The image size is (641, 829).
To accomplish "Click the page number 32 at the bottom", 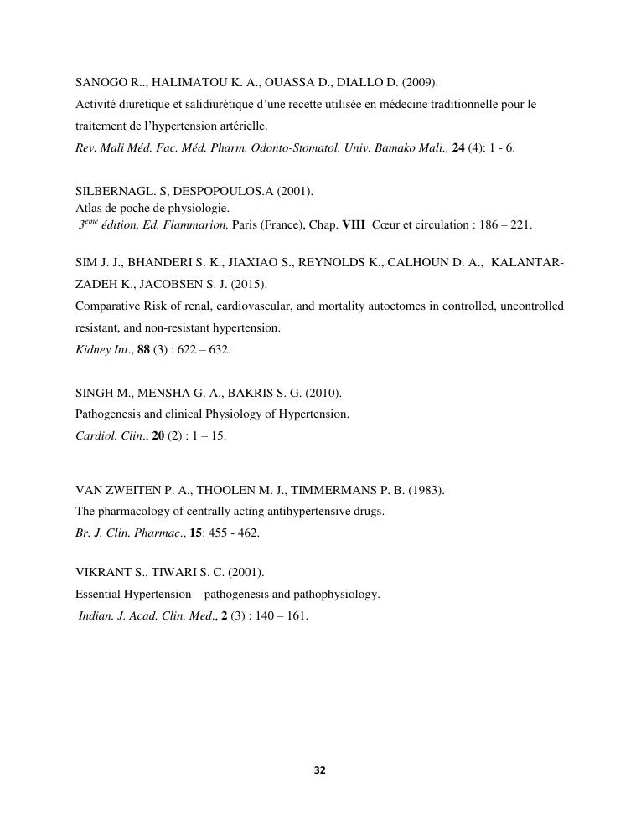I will (x=319, y=770).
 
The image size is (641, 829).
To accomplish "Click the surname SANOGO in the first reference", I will (x=99, y=82).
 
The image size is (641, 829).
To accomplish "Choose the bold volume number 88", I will (x=143, y=349).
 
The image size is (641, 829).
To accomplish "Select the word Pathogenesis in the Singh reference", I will (x=106, y=414).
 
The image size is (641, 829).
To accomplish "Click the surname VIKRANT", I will (x=100, y=573).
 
